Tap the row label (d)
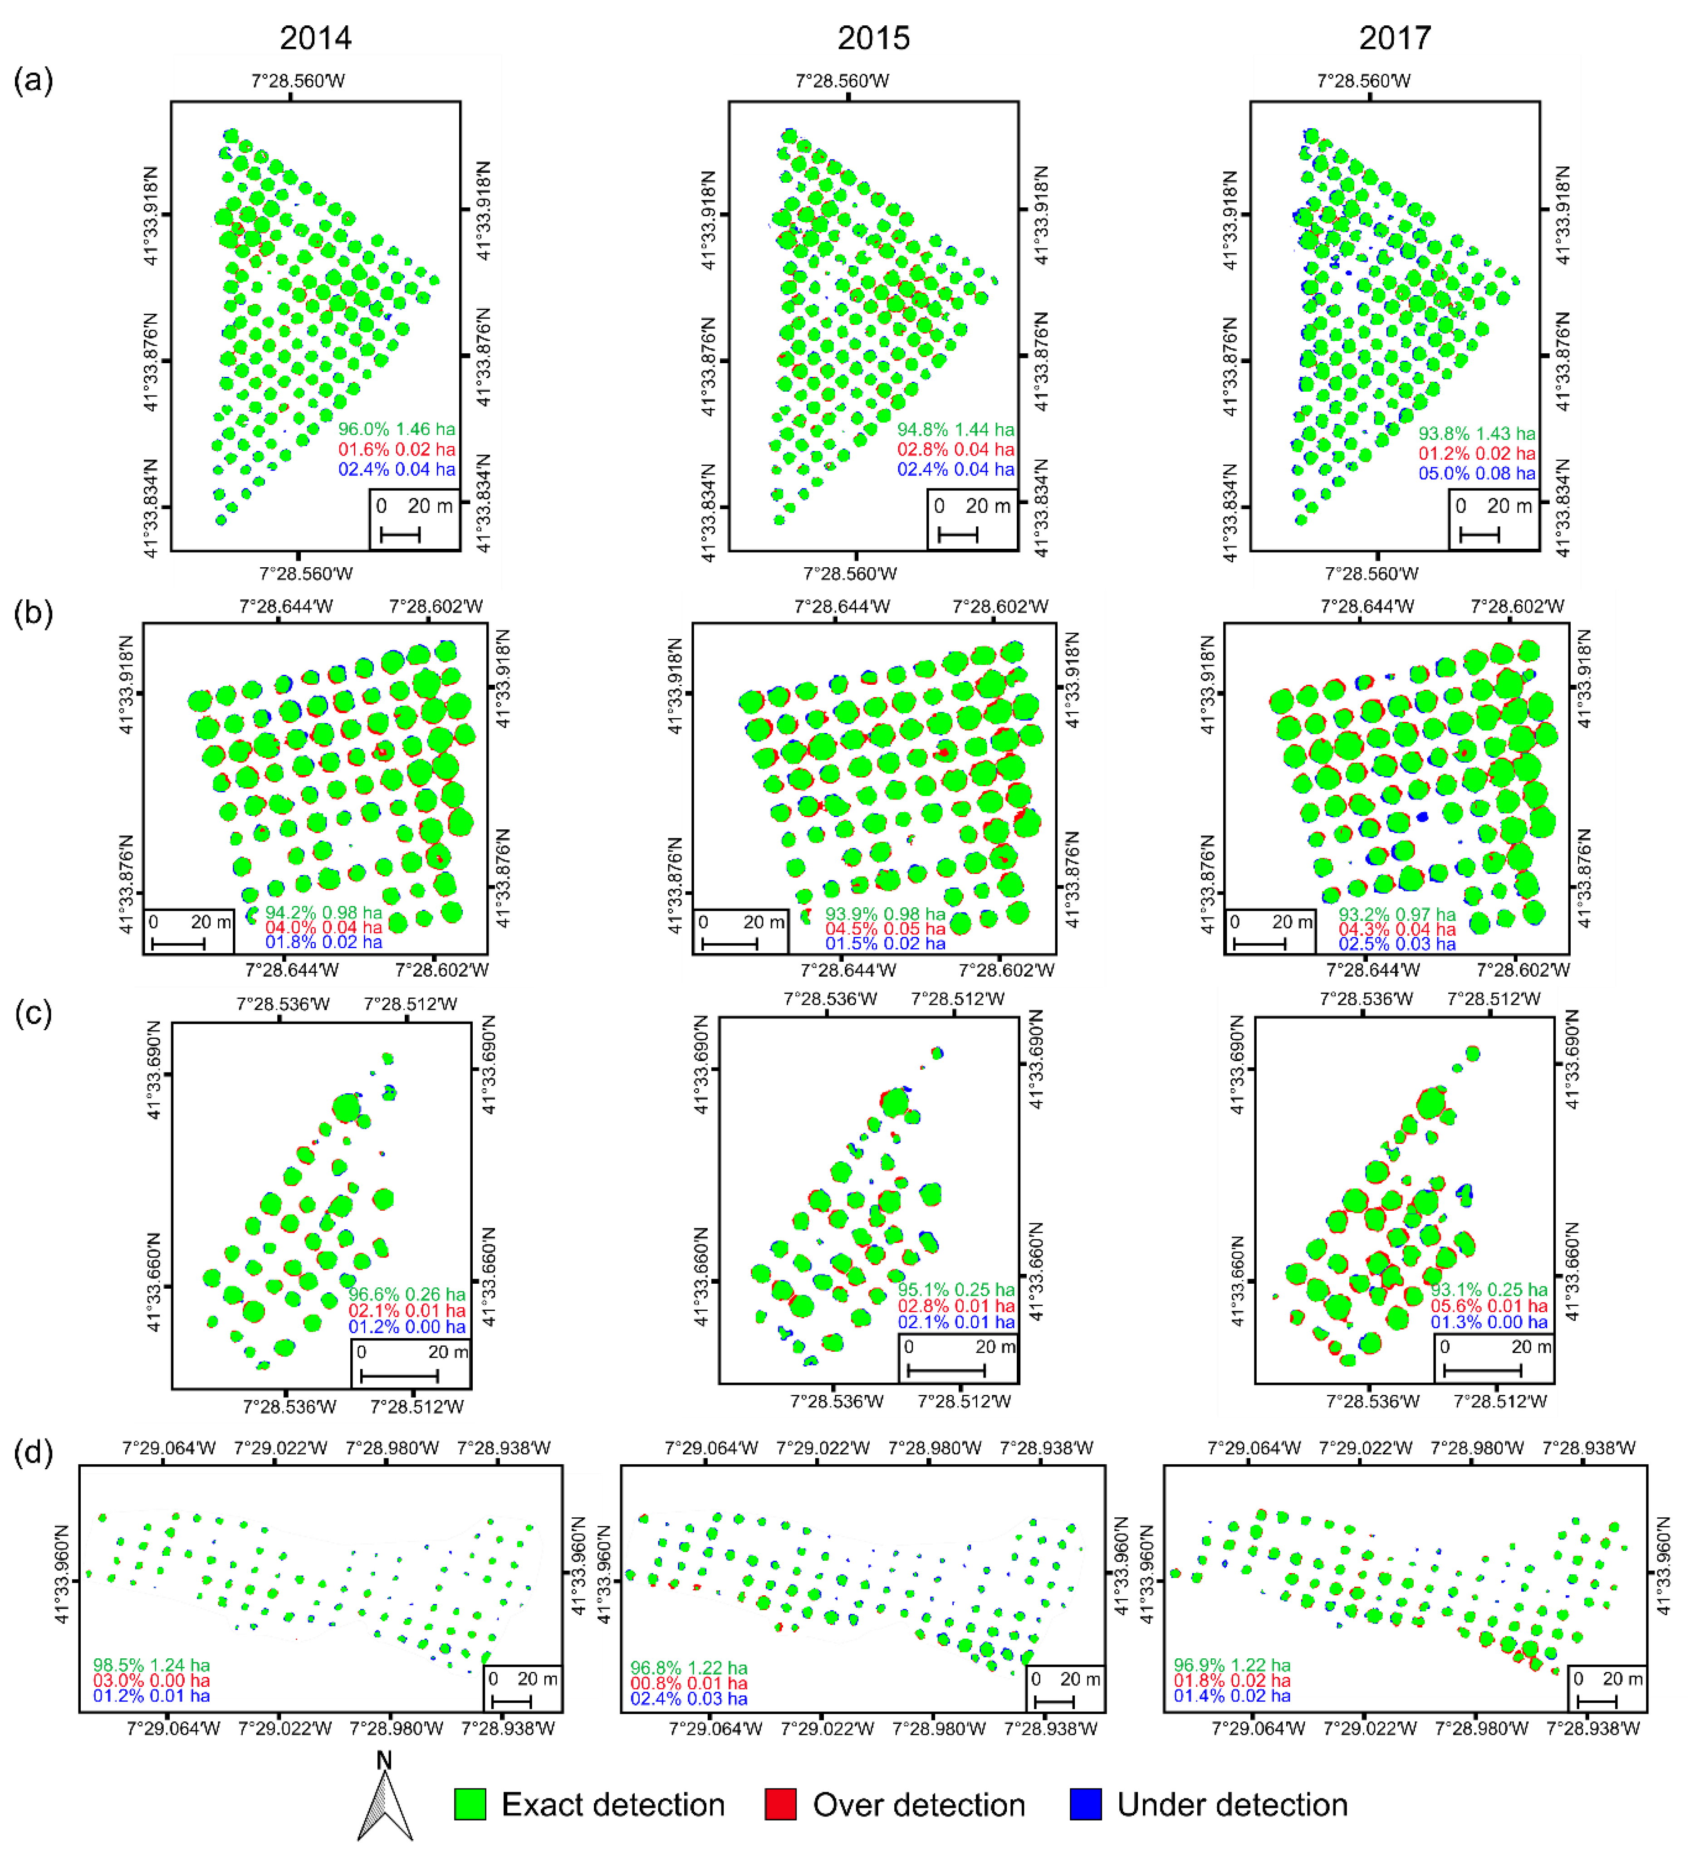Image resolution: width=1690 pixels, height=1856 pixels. pyautogui.click(x=33, y=1452)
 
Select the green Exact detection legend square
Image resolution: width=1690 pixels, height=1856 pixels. pyautogui.click(x=470, y=1804)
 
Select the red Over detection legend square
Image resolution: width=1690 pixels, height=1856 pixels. pyautogui.click(x=780, y=1804)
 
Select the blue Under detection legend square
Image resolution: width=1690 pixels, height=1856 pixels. pyautogui.click(x=1085, y=1804)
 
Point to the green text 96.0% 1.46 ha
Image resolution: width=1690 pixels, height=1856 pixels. pyautogui.click(x=396, y=429)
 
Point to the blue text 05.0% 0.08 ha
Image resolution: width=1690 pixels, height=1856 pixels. pyautogui.click(x=1476, y=473)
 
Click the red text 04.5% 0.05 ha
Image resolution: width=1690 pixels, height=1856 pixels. pyautogui.click(x=884, y=929)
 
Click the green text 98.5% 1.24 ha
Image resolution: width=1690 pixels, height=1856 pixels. pyautogui.click(x=151, y=1665)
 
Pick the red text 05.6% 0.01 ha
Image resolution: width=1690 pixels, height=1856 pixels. pyautogui.click(x=1488, y=1306)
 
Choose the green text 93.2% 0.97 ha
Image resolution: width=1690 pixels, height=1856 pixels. pyautogui.click(x=1396, y=914)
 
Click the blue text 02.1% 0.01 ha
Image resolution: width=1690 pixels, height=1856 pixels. pyautogui.click(x=956, y=1322)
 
